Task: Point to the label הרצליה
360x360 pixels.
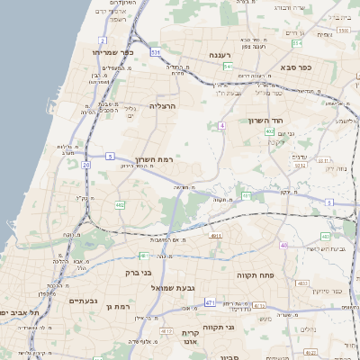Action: [165, 106]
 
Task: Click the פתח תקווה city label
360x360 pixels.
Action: [255, 274]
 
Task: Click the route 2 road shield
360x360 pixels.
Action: [103, 40]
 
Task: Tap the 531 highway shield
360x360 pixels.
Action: [156, 54]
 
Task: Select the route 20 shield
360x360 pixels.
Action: [86, 165]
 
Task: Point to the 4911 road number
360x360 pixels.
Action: [215, 236]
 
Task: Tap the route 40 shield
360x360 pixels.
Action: [283, 245]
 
